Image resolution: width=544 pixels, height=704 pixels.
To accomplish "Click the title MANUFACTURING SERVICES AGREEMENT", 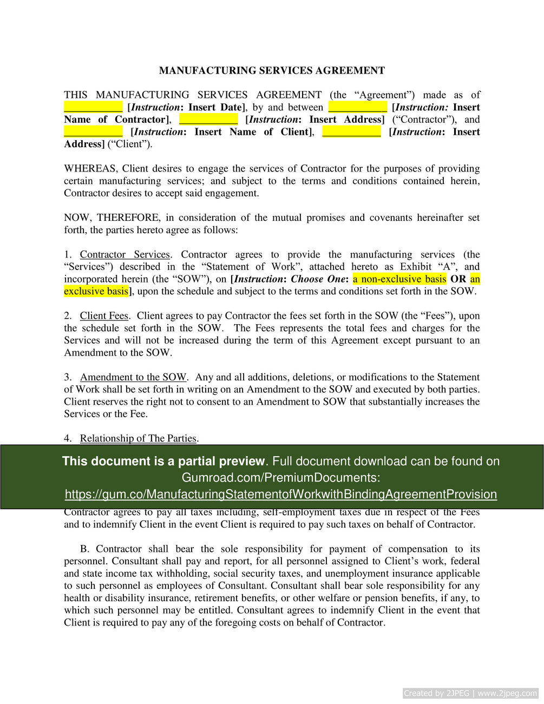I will tap(272, 70).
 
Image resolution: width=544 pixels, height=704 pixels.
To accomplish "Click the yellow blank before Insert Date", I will tap(93, 107).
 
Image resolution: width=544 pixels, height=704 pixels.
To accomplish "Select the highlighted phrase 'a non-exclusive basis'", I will tap(399, 279).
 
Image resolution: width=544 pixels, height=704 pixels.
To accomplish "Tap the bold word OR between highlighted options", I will tap(458, 279).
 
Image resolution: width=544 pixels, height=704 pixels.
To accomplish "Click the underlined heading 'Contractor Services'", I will tap(124, 255).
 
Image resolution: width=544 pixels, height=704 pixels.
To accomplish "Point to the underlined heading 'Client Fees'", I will tap(104, 316).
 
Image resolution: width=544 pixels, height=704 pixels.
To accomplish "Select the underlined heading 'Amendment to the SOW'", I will tap(133, 377).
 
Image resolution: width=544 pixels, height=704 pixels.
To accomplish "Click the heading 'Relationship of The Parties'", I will tap(138, 438).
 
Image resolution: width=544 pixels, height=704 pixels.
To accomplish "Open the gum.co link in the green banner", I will tap(280, 494).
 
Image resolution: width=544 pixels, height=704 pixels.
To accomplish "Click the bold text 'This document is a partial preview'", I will tap(163, 461).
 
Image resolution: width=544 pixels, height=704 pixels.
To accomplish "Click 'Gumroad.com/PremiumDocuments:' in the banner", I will tap(280, 478).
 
